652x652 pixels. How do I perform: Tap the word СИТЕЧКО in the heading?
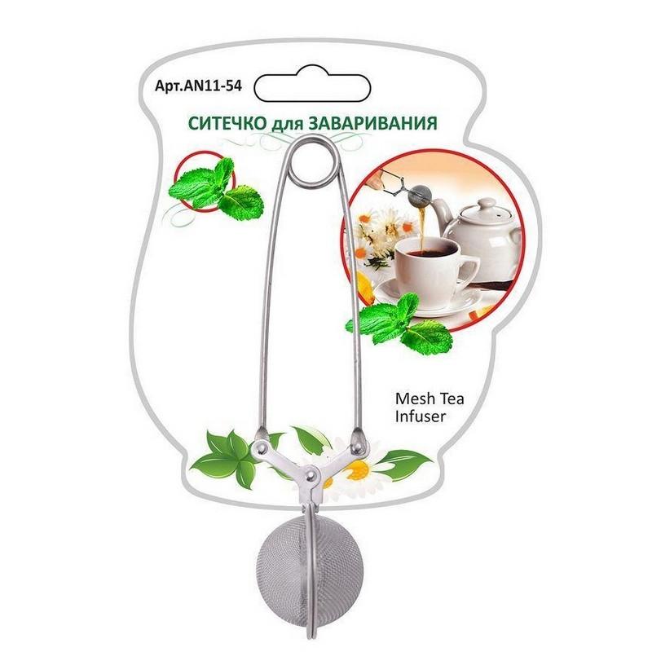click(x=227, y=123)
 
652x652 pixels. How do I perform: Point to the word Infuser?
click(x=421, y=416)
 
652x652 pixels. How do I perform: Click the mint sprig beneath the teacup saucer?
click(x=399, y=324)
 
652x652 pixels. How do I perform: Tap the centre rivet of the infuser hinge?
click(x=310, y=474)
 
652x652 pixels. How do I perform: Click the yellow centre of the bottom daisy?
click(x=358, y=470)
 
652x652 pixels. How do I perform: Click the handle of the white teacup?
click(x=468, y=267)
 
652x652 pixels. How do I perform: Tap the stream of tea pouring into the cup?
click(x=424, y=229)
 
